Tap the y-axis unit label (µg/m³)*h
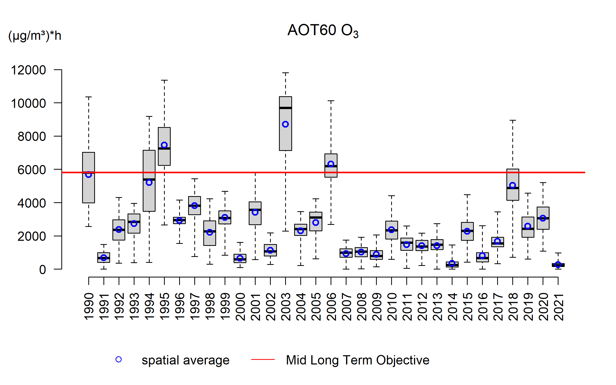click(x=35, y=36)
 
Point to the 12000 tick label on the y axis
click(x=28, y=70)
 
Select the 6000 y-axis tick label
click(x=32, y=170)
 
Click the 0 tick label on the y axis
click(x=43, y=270)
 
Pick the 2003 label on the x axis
click(x=286, y=307)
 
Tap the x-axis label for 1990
click(x=89, y=307)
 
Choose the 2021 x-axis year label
click(x=558, y=307)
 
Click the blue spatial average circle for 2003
click(x=285, y=124)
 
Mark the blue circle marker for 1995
click(x=164, y=145)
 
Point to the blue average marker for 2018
click(x=513, y=185)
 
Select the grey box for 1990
click(x=89, y=190)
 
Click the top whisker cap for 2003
click(x=285, y=73)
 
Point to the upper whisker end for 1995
click(x=164, y=80)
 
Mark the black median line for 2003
click(x=285, y=108)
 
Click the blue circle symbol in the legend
click(x=119, y=360)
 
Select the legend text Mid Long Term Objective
click(x=358, y=360)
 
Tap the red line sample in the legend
click(x=263, y=360)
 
